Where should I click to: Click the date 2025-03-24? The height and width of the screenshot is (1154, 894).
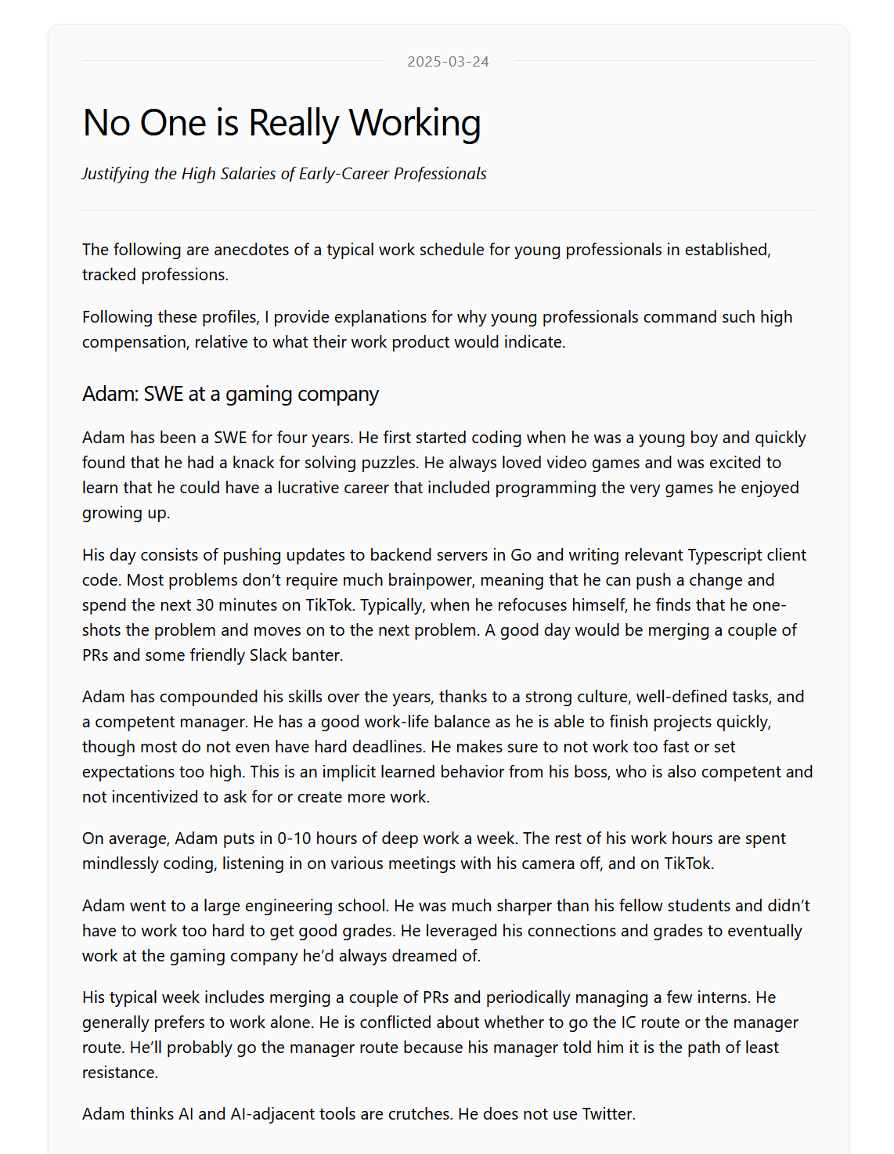[x=448, y=62]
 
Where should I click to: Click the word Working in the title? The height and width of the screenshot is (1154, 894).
[x=414, y=124]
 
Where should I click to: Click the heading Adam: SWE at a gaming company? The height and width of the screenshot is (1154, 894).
[x=230, y=394]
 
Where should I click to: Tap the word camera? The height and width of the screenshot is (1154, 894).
[x=552, y=864]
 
